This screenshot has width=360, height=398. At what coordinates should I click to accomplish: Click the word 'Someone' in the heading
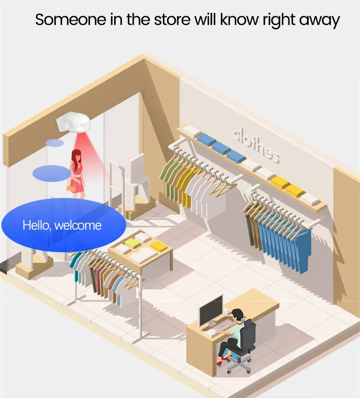coord(71,19)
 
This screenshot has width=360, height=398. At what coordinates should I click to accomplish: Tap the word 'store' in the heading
coord(172,19)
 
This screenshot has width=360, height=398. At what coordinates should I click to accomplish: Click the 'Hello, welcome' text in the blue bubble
coord(62,225)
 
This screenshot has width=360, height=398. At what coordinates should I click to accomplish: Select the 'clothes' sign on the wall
coord(256,146)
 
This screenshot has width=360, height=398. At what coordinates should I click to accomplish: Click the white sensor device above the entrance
coord(73,123)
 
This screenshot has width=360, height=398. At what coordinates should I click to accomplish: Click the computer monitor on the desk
coord(211,310)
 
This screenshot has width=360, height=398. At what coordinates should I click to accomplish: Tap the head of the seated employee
coord(238,316)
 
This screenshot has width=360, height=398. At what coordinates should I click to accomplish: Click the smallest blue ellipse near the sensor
coord(54,143)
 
